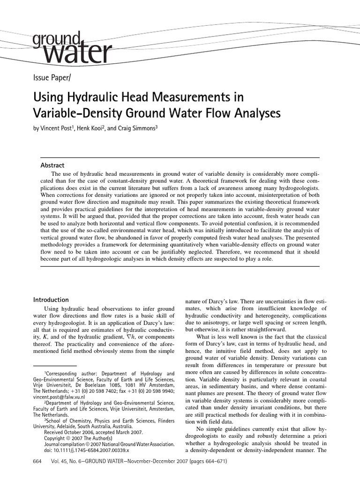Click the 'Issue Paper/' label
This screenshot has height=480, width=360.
[52, 77]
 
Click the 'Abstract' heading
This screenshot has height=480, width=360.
[53, 165]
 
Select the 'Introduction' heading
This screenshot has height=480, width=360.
[51, 300]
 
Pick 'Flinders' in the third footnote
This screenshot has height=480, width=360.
[163, 420]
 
